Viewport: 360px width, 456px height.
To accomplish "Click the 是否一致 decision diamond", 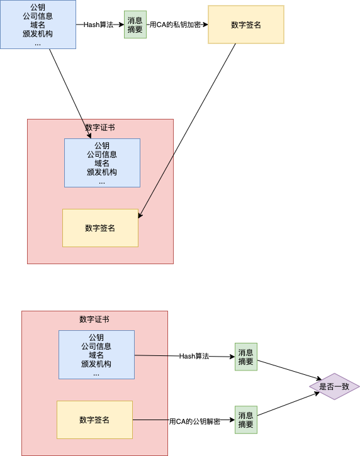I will coord(334,387).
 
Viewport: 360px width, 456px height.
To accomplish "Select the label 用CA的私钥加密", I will coord(175,25).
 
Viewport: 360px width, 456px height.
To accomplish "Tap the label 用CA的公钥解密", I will coord(194,421).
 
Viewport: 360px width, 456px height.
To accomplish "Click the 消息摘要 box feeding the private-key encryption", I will coord(135,25).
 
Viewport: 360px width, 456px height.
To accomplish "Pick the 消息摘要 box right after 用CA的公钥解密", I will coord(245,420).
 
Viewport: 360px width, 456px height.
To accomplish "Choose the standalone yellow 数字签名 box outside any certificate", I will coord(246,25).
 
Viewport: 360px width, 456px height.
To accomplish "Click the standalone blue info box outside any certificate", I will coord(38,25).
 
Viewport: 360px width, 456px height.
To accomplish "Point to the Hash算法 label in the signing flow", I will coord(98,25).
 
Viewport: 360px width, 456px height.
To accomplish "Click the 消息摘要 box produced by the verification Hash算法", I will coord(245,357).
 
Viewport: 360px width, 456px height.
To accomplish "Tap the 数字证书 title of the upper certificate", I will coord(100,127).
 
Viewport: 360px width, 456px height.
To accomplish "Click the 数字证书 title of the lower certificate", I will coord(94,319).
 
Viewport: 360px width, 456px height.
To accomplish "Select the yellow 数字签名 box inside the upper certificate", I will coord(100,228).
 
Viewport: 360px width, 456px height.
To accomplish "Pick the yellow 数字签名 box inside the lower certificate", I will coord(94,420).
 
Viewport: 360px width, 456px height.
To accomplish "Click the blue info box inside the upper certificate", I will coord(102,163).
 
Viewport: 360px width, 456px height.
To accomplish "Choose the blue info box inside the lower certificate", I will coord(96,355).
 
